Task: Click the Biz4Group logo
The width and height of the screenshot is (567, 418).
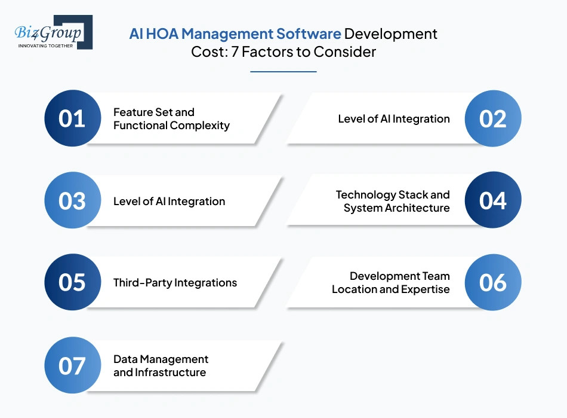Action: pyautogui.click(x=53, y=31)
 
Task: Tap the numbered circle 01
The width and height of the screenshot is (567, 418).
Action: pyautogui.click(x=72, y=118)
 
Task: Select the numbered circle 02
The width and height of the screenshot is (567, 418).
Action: pyautogui.click(x=493, y=118)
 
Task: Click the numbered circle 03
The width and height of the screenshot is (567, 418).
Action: pyautogui.click(x=72, y=200)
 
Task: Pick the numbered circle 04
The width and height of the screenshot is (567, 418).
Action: pyautogui.click(x=493, y=200)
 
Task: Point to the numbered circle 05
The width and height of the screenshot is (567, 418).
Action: pyautogui.click(x=72, y=282)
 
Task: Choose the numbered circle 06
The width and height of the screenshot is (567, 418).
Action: pyautogui.click(x=493, y=282)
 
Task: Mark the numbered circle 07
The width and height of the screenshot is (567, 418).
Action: pyautogui.click(x=72, y=365)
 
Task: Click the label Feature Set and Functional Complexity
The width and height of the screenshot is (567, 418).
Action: pyautogui.click(x=171, y=118)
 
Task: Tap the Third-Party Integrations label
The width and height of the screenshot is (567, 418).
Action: pyautogui.click(x=175, y=283)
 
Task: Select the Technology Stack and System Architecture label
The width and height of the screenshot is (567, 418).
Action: pyautogui.click(x=393, y=201)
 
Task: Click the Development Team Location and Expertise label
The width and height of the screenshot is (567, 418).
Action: pyautogui.click(x=391, y=283)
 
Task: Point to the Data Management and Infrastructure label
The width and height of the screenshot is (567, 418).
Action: pyautogui.click(x=161, y=365)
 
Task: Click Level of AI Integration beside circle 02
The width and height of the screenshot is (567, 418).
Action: pyautogui.click(x=394, y=118)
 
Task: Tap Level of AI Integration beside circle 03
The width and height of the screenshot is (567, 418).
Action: pyautogui.click(x=169, y=201)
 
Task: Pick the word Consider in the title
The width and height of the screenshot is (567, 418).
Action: pyautogui.click(x=347, y=52)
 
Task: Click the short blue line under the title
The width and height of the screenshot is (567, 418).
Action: pyautogui.click(x=283, y=72)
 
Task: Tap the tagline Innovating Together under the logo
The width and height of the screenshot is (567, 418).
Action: pyautogui.click(x=45, y=45)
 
